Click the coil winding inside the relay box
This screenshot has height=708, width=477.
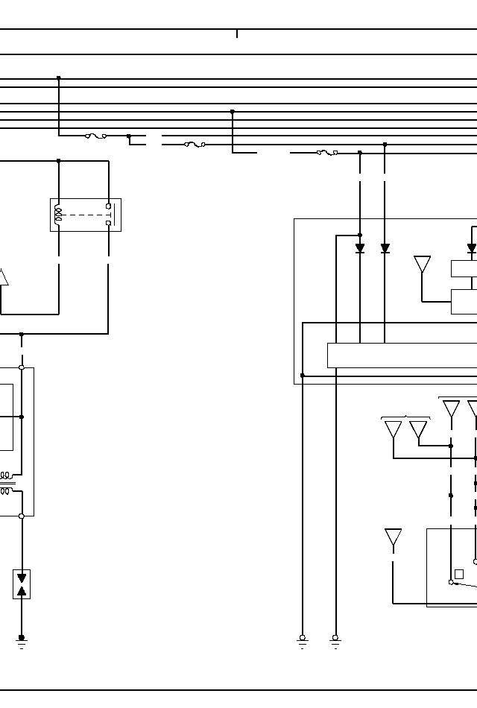point(58,215)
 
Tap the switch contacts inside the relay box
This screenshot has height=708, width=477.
point(109,215)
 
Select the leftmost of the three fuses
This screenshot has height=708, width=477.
point(95,136)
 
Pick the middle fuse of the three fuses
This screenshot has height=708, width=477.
point(195,144)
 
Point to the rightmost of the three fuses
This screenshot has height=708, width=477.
point(326,153)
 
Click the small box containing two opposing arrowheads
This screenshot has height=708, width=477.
point(22,584)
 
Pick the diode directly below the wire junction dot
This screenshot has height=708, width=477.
point(360,248)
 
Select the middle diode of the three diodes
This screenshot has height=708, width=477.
point(385,248)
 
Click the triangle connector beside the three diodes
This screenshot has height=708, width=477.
point(422,265)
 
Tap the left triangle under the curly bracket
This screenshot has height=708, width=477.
point(393,429)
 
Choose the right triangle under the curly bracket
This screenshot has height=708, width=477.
point(418,429)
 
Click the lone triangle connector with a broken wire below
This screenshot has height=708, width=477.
point(393,537)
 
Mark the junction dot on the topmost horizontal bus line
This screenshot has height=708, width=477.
point(59,78)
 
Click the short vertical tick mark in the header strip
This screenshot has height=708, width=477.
point(237,34)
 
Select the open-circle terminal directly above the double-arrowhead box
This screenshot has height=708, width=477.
point(22,516)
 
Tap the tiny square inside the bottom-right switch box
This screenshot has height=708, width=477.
point(459,574)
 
